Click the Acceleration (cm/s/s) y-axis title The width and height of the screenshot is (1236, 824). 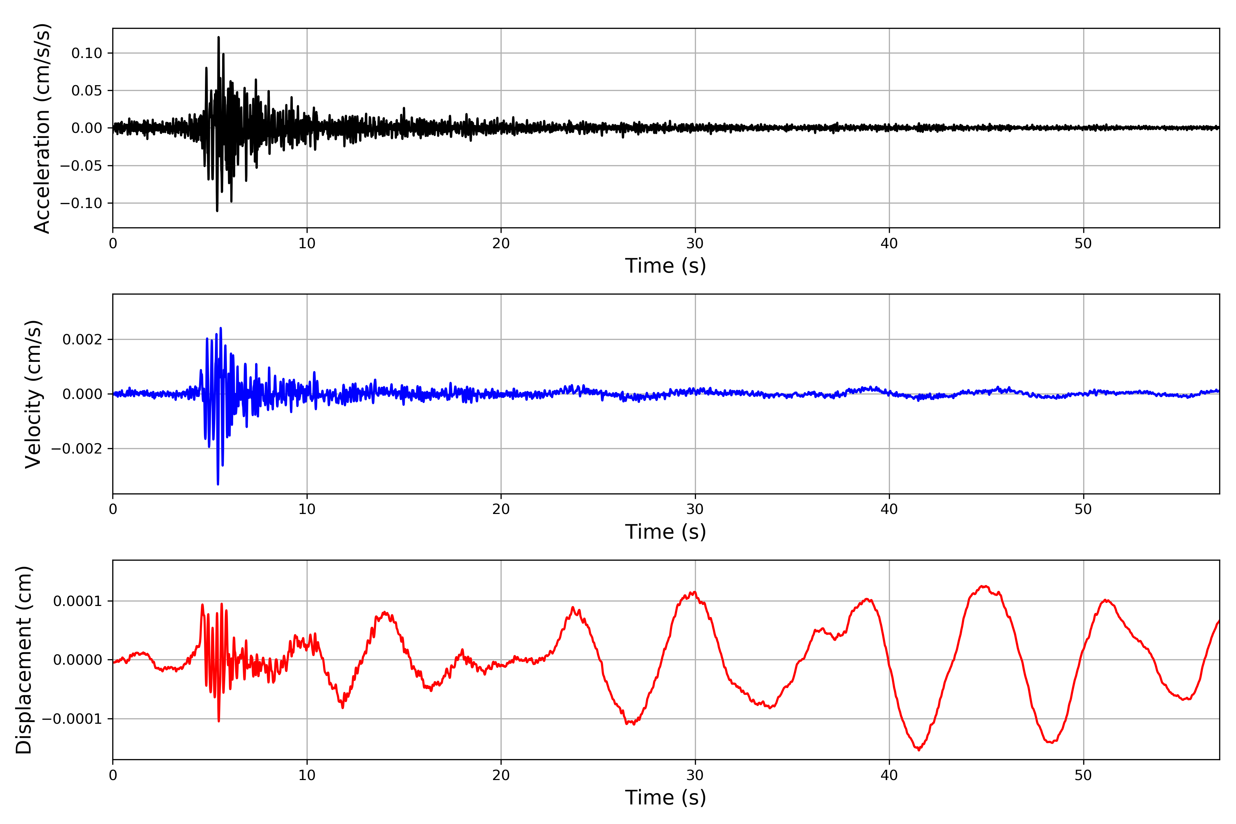coord(42,128)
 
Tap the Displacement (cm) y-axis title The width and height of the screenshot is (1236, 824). coord(24,660)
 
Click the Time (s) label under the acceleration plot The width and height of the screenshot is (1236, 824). coord(665,266)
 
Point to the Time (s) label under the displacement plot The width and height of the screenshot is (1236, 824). coord(665,798)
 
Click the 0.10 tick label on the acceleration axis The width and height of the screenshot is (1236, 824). coord(87,53)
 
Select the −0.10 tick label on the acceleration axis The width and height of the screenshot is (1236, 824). coord(81,203)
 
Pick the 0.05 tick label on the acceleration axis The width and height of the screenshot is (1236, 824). coord(87,90)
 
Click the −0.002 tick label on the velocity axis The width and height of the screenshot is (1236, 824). coord(76,449)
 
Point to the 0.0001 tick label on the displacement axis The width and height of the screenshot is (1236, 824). coord(77,600)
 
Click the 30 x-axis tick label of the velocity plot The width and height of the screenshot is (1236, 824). coord(695,509)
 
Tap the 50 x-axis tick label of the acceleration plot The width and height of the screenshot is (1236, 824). coord(1083,243)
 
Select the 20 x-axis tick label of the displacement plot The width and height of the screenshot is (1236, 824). coord(501,775)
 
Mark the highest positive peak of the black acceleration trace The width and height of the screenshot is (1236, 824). coord(219,37)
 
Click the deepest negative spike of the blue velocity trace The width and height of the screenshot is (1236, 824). coord(218,484)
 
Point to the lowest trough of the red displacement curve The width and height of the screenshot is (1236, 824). coord(919,750)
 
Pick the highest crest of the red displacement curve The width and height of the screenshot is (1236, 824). coord(984,586)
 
